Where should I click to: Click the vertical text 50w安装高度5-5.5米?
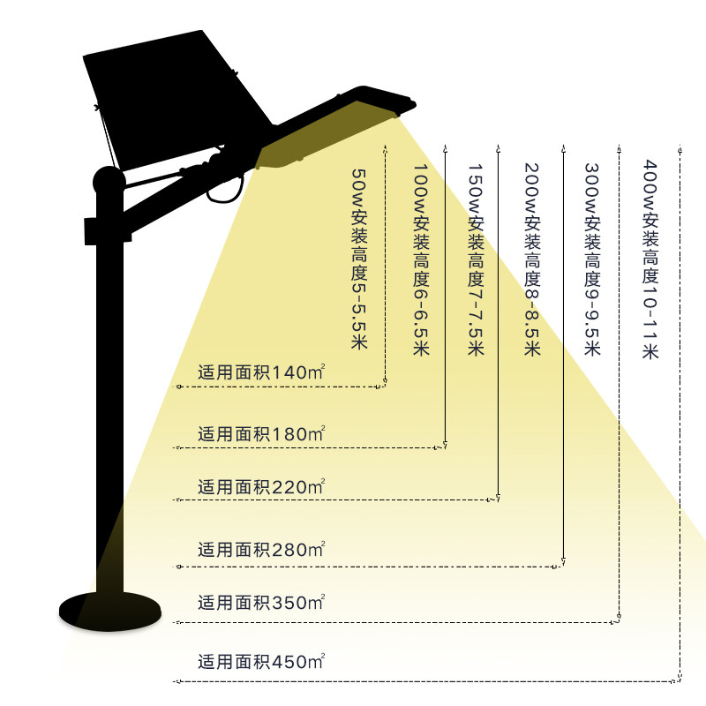coord(359,260)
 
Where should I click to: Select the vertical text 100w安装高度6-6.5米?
coord(421,260)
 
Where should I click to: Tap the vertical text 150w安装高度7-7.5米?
coord(476,260)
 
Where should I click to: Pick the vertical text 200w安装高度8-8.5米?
coord(531,260)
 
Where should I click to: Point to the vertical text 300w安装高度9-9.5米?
coord(592,260)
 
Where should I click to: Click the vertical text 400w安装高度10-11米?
coord(650,260)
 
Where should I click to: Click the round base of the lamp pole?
coord(109,609)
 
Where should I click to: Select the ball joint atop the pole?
coord(109,182)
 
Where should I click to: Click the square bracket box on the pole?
coord(105,230)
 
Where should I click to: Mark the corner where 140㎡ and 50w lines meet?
coord(386,386)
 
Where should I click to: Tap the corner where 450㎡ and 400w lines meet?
coord(679,681)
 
